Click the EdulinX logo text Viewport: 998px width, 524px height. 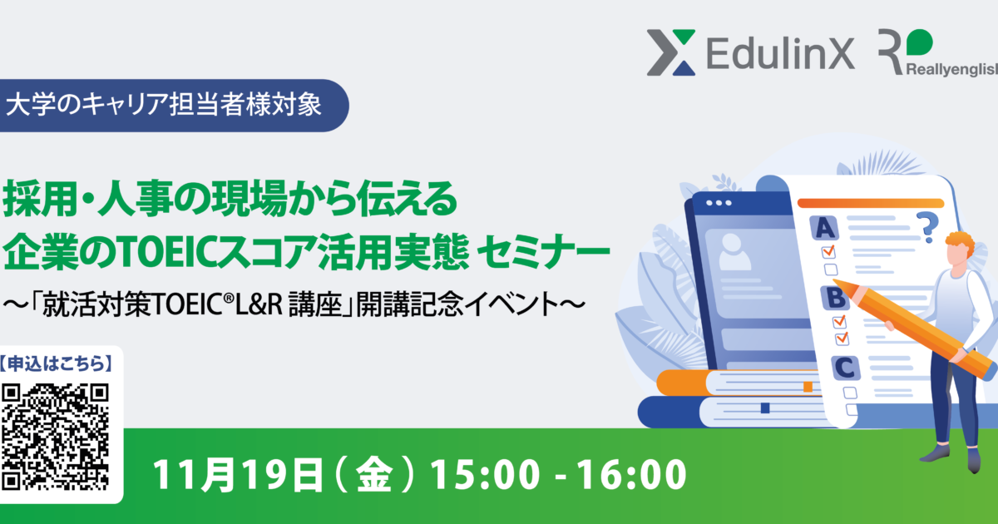[769, 55]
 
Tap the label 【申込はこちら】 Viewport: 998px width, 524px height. [57, 363]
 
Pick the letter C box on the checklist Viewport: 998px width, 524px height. [846, 366]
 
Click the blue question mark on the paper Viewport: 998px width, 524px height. [925, 225]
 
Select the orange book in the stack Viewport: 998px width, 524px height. [732, 383]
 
